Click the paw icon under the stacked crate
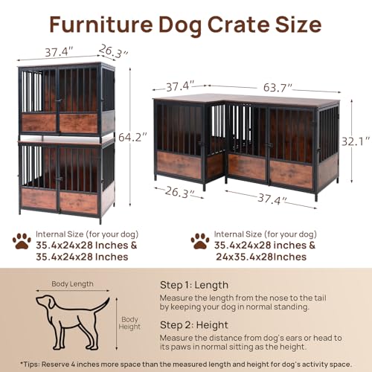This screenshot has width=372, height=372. (x=22, y=241)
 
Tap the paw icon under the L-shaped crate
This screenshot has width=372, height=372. (x=199, y=240)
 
